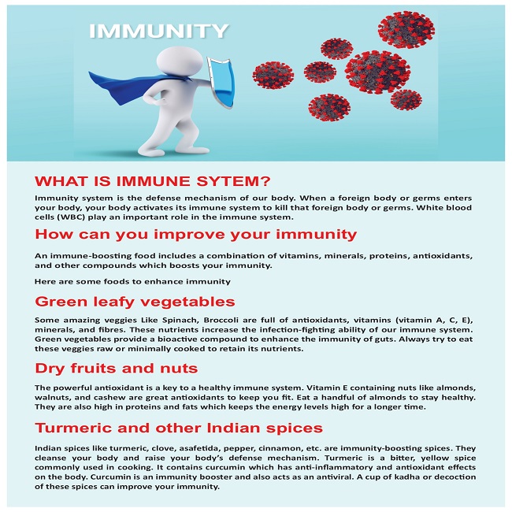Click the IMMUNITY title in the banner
(158, 32)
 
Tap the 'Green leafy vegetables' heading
(135, 301)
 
